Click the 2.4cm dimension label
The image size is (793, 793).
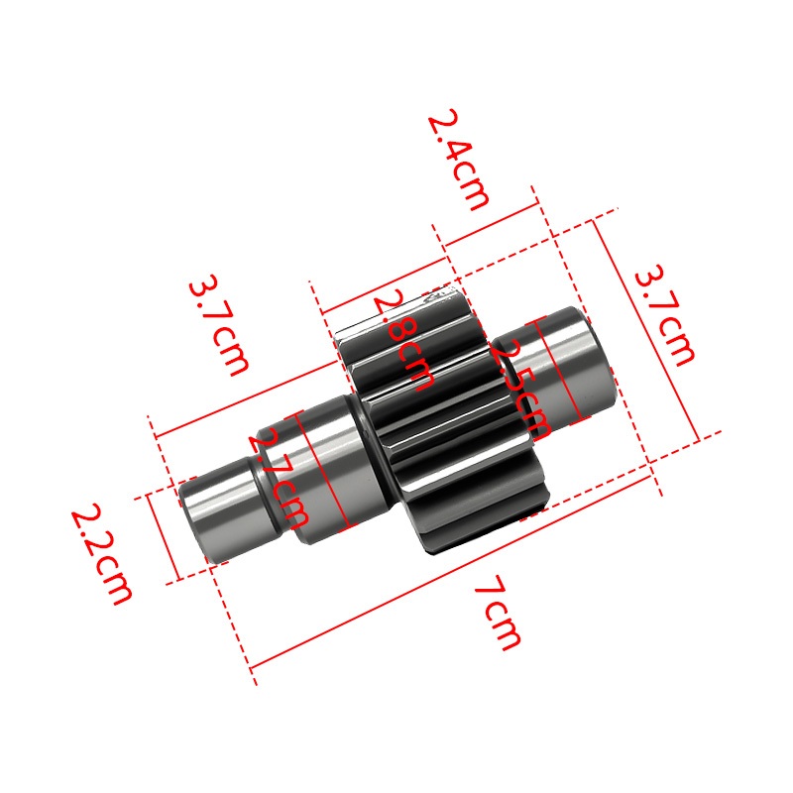click(x=459, y=160)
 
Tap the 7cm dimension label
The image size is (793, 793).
click(x=498, y=613)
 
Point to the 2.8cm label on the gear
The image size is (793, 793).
click(x=403, y=340)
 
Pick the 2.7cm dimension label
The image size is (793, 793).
click(x=279, y=478)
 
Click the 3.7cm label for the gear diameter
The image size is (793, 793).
click(x=665, y=314)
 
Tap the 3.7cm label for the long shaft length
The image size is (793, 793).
click(x=219, y=325)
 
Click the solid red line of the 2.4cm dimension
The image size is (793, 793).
click(x=491, y=225)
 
